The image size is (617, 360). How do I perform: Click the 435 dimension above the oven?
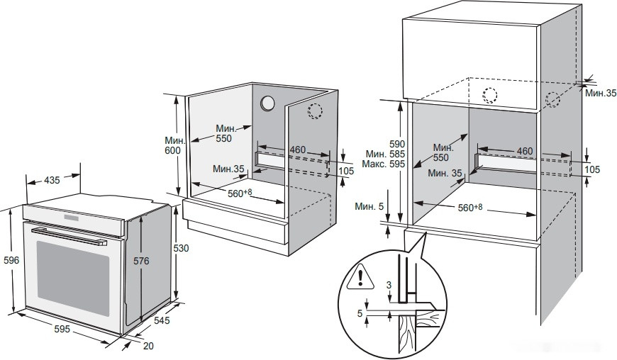[x=52, y=181]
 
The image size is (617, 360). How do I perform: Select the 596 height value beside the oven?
[x=11, y=260]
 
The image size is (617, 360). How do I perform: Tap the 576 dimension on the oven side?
[x=141, y=261]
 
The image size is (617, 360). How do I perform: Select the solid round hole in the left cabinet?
[x=268, y=103]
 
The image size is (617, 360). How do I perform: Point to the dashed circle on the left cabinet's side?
[x=315, y=110]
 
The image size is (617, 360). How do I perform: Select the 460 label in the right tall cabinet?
[x=524, y=152]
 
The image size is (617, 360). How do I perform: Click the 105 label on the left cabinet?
[x=345, y=171]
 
